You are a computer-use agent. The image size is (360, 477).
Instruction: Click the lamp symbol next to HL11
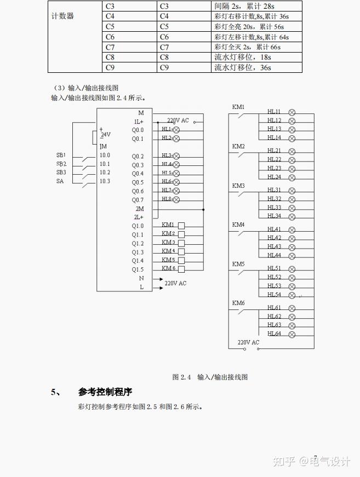[x=292, y=112]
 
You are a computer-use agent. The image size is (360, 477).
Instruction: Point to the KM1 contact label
[x=238, y=107]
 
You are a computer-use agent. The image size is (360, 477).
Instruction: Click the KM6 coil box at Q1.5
[x=181, y=269]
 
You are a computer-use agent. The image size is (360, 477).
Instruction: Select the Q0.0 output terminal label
[x=138, y=130]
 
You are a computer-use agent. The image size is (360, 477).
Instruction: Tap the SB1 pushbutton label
[x=61, y=155]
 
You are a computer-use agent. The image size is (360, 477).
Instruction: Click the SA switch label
[x=60, y=181]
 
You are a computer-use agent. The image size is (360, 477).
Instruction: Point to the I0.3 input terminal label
[x=104, y=181]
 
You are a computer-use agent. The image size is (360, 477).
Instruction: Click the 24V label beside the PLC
[x=105, y=134]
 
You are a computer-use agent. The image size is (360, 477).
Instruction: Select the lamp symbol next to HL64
[x=292, y=334]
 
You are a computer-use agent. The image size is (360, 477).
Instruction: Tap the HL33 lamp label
[x=274, y=208]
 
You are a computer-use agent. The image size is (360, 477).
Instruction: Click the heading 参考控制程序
[x=105, y=392]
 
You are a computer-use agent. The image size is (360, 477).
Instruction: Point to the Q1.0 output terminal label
[x=138, y=226]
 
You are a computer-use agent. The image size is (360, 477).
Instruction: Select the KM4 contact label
[x=238, y=225]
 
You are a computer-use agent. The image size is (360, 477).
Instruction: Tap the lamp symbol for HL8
[x=176, y=199]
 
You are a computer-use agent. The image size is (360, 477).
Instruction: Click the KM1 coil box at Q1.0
[x=181, y=225]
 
